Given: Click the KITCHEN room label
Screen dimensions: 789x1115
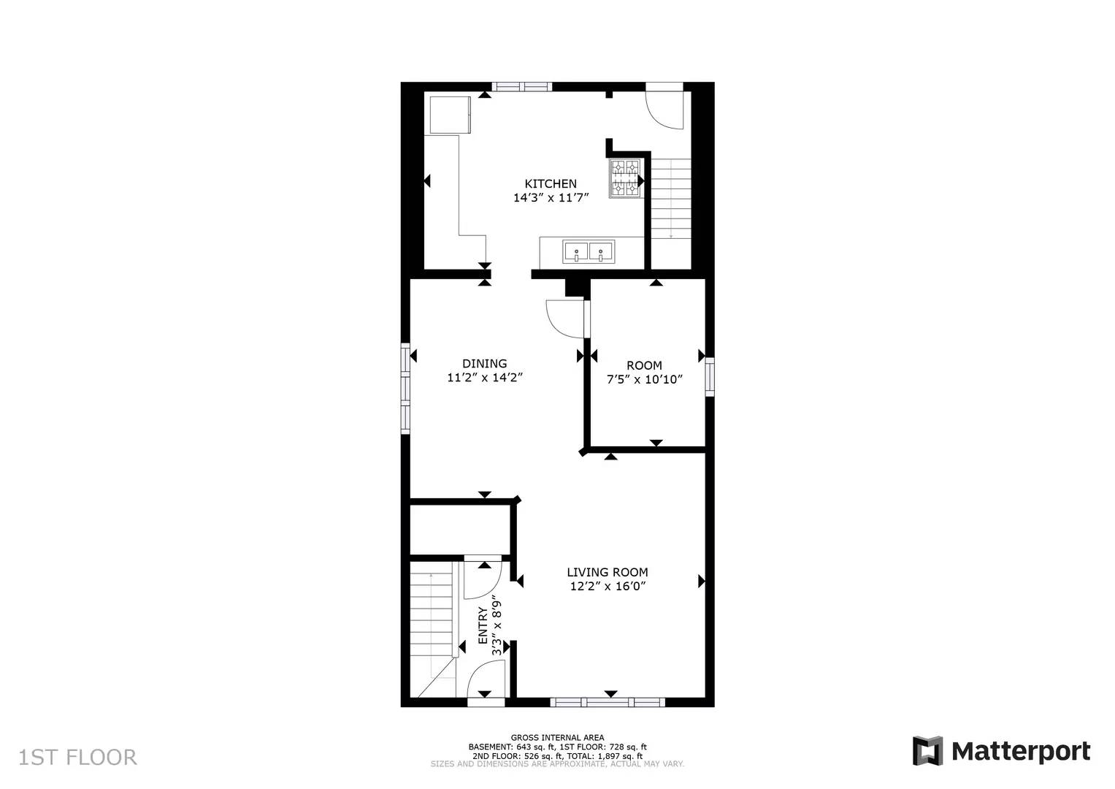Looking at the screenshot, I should coord(551,183).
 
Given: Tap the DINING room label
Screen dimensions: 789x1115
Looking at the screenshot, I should coord(484,364).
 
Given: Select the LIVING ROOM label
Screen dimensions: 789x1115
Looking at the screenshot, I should coord(607,573).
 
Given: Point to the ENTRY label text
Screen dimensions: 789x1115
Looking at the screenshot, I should coord(483,625).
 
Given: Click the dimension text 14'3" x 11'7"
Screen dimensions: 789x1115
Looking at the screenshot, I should coord(551,197).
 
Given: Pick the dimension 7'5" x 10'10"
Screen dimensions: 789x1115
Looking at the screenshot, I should coord(644,379).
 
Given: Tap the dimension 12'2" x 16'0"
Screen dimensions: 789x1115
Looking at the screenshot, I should coord(607,587).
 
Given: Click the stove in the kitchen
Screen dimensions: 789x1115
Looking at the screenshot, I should coord(626,179).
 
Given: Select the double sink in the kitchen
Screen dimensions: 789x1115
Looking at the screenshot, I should coord(589,252).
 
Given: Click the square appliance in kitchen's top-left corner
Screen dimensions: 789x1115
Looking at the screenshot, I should coord(450,115).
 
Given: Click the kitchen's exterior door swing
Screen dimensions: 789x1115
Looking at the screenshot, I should coord(664,108).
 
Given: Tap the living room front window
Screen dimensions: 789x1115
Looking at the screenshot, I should coord(608,702).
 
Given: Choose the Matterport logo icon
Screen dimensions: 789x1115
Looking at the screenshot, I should coord(927,751).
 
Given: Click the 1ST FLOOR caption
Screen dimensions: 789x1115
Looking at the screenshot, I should coord(77,757).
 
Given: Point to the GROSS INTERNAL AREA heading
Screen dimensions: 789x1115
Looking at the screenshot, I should coord(557,738).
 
